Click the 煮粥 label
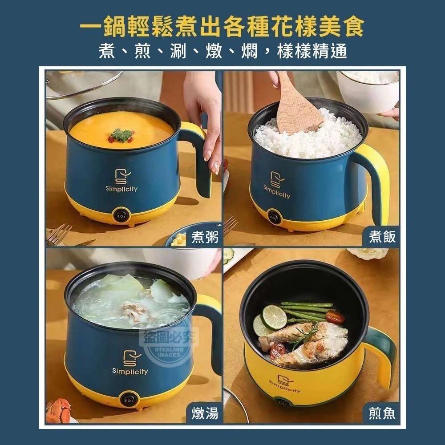(x=205, y=237)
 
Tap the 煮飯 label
(x=382, y=237)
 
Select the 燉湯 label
(x=205, y=413)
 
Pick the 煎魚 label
(x=382, y=413)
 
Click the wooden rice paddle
(x=296, y=107)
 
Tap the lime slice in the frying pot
(x=274, y=317)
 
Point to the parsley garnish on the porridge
(x=121, y=134)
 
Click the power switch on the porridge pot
(x=121, y=215)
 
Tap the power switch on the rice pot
(x=275, y=217)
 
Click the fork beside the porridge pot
(x=58, y=235)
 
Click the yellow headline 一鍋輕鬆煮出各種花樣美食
(x=222, y=27)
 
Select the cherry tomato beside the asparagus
(x=335, y=317)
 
